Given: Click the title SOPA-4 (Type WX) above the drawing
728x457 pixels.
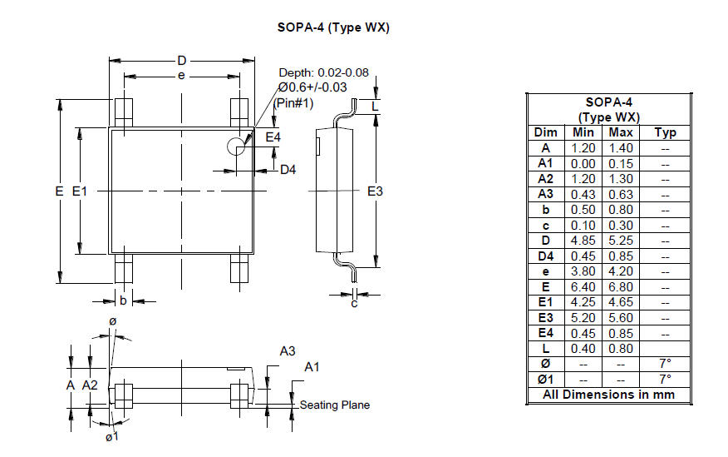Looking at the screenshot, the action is pyautogui.click(x=333, y=28).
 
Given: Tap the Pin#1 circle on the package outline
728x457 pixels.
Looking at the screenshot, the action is pyautogui.click(x=228, y=147).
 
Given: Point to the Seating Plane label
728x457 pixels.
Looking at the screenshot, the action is pyautogui.click(x=335, y=405).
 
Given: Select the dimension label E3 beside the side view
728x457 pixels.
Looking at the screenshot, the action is pyautogui.click(x=375, y=191).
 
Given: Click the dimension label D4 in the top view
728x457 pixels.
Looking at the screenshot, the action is pyautogui.click(x=288, y=170).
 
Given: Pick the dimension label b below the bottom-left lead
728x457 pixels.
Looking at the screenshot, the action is pyautogui.click(x=123, y=301).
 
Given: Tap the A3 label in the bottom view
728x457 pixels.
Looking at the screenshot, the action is pyautogui.click(x=288, y=351).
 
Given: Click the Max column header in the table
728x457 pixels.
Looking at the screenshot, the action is pyautogui.click(x=621, y=132).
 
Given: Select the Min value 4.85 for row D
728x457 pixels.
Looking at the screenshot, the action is pyautogui.click(x=583, y=241).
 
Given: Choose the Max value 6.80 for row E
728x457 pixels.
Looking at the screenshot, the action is pyautogui.click(x=621, y=287).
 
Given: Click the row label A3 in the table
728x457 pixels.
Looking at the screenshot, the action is pyautogui.click(x=545, y=194).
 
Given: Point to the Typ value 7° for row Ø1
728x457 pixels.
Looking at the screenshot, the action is pyautogui.click(x=666, y=380).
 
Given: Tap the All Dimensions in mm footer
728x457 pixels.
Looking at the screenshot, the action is pyautogui.click(x=608, y=395).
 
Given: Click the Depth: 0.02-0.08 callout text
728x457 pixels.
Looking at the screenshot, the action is pyautogui.click(x=323, y=72).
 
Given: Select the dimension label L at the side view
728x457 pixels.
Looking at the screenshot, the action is pyautogui.click(x=375, y=107).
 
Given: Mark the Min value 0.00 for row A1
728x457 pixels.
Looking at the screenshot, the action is pyautogui.click(x=583, y=164).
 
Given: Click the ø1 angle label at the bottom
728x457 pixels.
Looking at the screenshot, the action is pyautogui.click(x=112, y=436).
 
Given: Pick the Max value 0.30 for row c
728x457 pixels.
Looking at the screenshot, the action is pyautogui.click(x=621, y=226).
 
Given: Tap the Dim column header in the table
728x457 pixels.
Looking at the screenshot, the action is pyautogui.click(x=545, y=132).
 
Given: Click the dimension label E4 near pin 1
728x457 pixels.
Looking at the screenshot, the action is pyautogui.click(x=273, y=137).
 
